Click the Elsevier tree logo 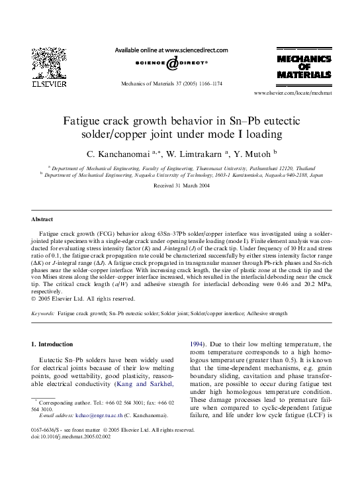[45, 63]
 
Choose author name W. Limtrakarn [195, 154]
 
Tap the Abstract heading [42, 219]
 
